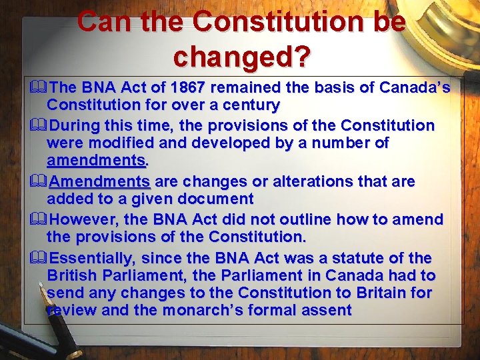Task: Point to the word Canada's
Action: (415, 87)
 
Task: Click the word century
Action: (247, 105)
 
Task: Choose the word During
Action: (75, 125)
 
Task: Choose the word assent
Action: (327, 310)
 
